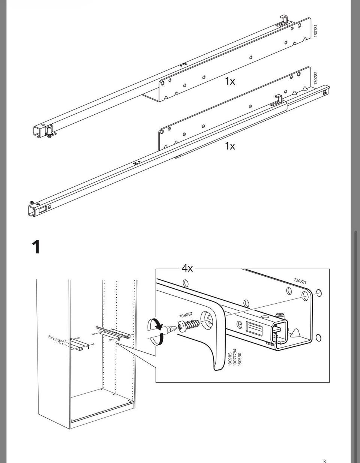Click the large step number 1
click(x=36, y=247)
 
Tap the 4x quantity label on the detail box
click(x=187, y=268)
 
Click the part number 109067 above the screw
click(x=186, y=315)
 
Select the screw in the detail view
click(x=189, y=325)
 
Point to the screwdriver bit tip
click(x=175, y=328)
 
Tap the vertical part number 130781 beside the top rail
click(x=316, y=30)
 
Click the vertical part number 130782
click(x=316, y=78)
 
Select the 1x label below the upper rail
click(x=230, y=81)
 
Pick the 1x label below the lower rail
click(x=230, y=146)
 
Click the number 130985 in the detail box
click(x=230, y=360)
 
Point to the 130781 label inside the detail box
click(x=300, y=281)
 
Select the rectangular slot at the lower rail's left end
click(x=43, y=210)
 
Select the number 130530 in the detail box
click(x=240, y=360)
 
